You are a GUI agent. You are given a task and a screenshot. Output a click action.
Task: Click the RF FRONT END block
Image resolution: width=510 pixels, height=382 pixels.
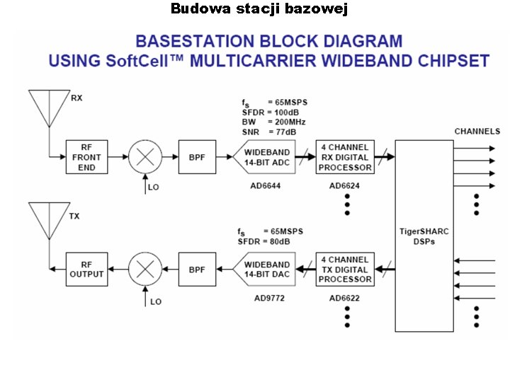pyautogui.click(x=86, y=157)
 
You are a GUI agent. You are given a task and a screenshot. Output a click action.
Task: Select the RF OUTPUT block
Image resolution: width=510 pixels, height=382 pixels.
pyautogui.click(x=86, y=270)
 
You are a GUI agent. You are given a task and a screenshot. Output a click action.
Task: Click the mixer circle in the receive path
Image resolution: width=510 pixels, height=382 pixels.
pyautogui.click(x=145, y=157)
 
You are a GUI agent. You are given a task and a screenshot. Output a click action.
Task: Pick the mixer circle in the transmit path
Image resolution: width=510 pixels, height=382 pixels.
pyautogui.click(x=145, y=270)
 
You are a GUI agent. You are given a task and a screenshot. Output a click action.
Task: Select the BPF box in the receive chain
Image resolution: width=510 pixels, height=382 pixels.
pyautogui.click(x=197, y=157)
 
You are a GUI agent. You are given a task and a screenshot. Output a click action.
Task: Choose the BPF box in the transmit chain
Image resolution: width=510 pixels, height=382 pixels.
pyautogui.click(x=197, y=270)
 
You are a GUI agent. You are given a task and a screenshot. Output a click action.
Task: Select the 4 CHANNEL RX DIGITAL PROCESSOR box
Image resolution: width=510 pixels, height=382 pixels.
pyautogui.click(x=345, y=157)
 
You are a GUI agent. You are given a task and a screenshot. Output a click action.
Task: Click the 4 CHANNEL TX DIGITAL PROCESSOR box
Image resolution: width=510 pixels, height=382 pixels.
pyautogui.click(x=345, y=270)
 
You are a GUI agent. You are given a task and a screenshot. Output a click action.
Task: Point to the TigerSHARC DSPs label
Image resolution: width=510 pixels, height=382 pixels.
pyautogui.click(x=424, y=236)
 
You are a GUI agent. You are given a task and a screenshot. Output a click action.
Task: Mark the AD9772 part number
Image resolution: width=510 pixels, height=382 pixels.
pyautogui.click(x=268, y=299)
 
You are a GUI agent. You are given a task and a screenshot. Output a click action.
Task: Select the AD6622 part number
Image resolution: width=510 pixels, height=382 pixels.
pyautogui.click(x=344, y=299)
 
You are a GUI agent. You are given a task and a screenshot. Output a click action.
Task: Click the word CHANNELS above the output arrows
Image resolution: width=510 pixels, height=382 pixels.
pyautogui.click(x=477, y=131)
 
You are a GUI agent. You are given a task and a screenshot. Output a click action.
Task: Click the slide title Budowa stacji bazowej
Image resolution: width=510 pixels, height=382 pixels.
pyautogui.click(x=259, y=9)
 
